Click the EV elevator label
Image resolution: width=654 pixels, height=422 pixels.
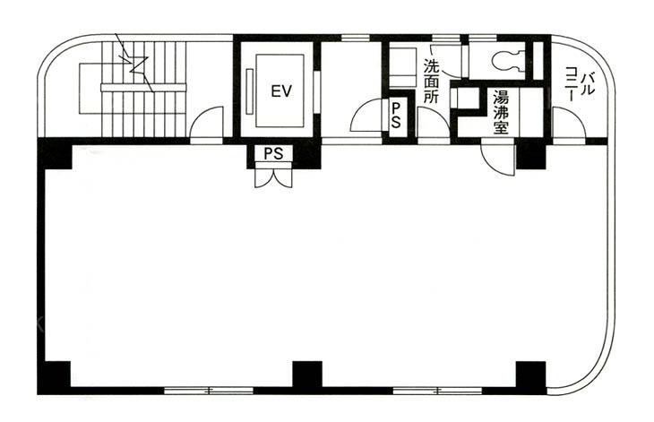pos(281,90)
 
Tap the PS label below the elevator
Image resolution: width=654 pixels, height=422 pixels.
pos(273,153)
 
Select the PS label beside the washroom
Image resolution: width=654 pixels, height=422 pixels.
pos(396,115)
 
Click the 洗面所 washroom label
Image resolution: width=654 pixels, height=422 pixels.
pos(431,81)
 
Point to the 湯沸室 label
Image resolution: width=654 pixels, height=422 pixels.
pos(501,112)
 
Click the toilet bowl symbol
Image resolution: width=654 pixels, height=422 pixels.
pos(508,61)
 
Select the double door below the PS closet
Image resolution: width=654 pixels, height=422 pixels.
pos(273,178)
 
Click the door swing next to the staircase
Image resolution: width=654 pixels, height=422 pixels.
pos(207,122)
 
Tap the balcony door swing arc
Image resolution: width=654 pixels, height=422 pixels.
pos(569,122)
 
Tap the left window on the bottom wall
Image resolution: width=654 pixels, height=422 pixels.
pos(209,391)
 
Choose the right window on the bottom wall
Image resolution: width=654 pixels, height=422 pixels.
pos(437,391)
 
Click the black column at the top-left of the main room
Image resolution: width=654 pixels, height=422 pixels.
pos(55,153)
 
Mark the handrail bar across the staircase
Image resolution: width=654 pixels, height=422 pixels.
pos(143,88)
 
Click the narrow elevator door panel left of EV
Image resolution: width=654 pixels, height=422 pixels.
pos(249,91)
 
